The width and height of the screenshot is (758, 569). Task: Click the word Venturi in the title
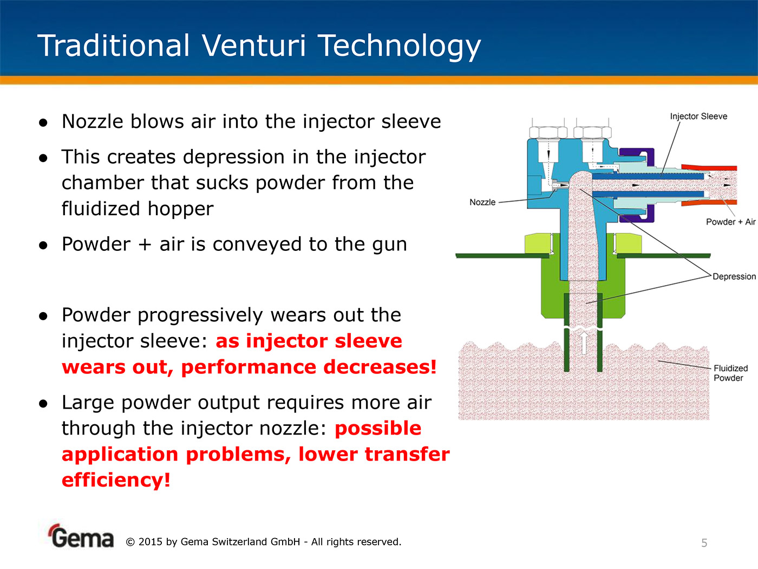254,46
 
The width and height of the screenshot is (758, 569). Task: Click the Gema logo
81,536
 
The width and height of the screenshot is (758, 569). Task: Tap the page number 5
704,543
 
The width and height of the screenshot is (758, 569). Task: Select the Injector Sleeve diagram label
698,117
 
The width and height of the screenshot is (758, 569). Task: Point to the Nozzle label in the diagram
482,202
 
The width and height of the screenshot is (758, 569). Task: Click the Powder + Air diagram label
731,222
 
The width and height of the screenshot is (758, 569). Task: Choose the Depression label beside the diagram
734,276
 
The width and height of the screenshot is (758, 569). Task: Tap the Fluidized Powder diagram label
731,373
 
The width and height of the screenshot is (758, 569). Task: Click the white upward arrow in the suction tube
583,342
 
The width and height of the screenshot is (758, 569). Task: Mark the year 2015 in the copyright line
150,542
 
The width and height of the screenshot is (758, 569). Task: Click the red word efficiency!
116,480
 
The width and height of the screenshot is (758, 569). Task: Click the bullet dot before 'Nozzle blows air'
43,122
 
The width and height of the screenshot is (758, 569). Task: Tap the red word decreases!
380,367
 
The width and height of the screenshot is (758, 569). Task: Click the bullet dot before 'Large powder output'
43,404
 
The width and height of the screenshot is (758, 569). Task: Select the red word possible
378,429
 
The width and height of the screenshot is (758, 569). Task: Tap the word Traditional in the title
114,46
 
